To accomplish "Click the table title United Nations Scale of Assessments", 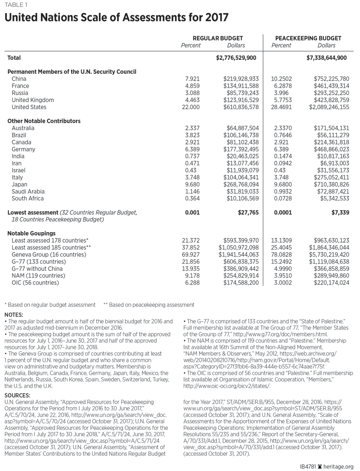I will click(117, 18).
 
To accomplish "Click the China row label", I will click(19, 79).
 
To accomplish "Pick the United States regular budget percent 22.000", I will click(193, 107).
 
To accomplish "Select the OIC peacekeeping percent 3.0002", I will click(281, 283).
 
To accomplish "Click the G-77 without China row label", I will click(37, 268).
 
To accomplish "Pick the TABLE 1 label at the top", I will click(17, 4).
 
